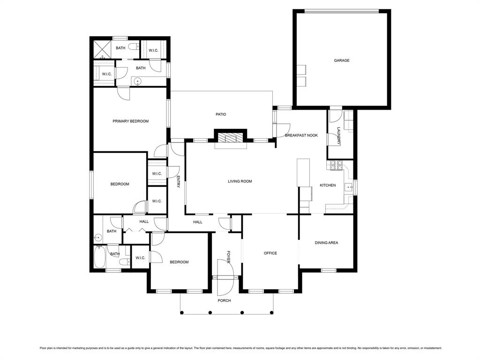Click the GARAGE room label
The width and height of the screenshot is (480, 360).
coord(341,60)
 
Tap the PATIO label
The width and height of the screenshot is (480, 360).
coord(221,114)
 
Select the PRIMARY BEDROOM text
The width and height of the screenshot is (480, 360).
coord(130,121)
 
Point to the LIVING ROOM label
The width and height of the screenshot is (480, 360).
coord(240,181)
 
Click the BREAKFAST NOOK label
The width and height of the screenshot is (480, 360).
coord(301,135)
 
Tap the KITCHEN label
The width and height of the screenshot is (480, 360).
coord(328,185)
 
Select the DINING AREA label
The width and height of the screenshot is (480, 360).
coord(326,243)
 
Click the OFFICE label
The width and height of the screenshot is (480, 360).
coord(270,253)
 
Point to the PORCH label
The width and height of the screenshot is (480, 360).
coord(224,300)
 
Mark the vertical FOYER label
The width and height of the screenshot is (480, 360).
coord(229,256)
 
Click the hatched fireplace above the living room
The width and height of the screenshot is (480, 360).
coord(230,137)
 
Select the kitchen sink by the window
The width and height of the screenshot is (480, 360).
coord(349,187)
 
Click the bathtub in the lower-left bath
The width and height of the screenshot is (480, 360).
coord(99,256)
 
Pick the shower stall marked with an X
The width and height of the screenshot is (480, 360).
coord(101,48)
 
